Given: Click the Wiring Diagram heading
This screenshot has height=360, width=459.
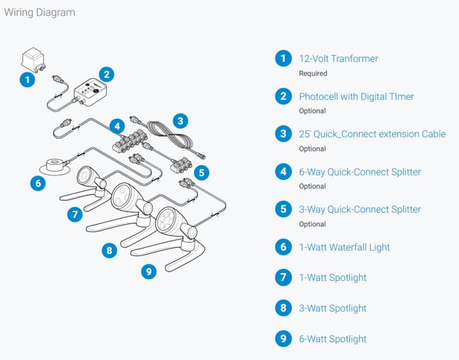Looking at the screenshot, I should click(x=40, y=12).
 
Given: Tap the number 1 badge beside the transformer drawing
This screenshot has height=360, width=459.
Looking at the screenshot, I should click(x=27, y=79).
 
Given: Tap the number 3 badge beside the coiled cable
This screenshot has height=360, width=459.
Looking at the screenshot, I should click(x=180, y=120).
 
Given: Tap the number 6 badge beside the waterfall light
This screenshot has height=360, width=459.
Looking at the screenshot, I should click(x=38, y=183).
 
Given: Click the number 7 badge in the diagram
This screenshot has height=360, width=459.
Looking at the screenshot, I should click(x=75, y=215).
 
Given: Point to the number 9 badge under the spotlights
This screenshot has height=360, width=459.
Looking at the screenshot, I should click(x=149, y=271).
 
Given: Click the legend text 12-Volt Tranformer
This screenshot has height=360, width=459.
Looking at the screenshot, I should click(x=339, y=58).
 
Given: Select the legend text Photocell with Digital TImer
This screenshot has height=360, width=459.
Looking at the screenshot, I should click(x=356, y=96).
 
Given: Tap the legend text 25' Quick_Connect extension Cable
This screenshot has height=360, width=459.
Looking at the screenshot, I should click(x=372, y=134).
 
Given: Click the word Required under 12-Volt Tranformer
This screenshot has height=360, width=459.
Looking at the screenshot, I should click(x=313, y=73).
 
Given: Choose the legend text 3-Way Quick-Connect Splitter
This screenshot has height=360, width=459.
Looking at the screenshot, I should click(x=360, y=209).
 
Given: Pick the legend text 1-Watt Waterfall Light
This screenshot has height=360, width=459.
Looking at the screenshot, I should click(x=344, y=247).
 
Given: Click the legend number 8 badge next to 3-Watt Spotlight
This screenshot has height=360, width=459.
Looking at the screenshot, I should click(x=283, y=308).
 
